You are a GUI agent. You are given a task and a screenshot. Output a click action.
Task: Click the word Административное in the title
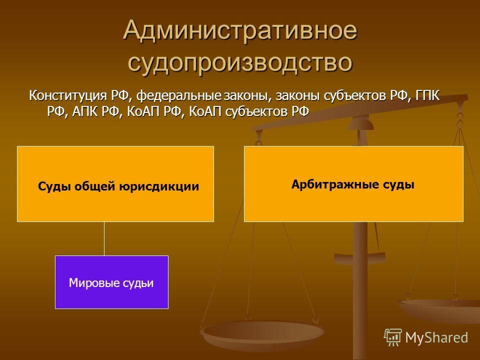pyautogui.click(x=240, y=30)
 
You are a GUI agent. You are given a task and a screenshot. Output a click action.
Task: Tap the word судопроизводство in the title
pyautogui.click(x=240, y=63)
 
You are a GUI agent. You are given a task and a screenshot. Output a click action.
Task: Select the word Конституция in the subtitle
pyautogui.click(x=68, y=95)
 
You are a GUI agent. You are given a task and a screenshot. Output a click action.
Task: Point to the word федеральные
pyautogui.click(x=178, y=96)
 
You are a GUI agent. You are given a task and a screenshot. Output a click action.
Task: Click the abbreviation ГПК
pyautogui.click(x=427, y=95)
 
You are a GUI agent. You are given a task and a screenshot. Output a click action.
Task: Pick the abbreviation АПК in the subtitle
pyautogui.click(x=85, y=111)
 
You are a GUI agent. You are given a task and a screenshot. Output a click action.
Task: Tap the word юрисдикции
pyautogui.click(x=159, y=186)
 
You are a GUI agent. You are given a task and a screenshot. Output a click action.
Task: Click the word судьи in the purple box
pyautogui.click(x=138, y=283)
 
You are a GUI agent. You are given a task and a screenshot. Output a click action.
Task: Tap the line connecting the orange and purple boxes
pyautogui.click(x=104, y=239)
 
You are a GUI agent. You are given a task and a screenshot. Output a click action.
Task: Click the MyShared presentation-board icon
pyautogui.click(x=393, y=337)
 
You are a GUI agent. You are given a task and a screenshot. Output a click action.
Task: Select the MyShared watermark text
pyautogui.click(x=436, y=337)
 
